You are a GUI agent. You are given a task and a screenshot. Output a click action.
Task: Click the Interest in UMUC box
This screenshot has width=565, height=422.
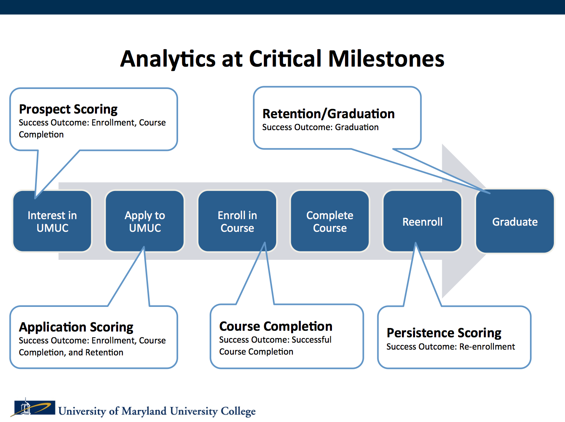coord(52,221)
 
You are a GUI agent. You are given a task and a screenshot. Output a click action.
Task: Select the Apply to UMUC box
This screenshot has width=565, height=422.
coord(145,221)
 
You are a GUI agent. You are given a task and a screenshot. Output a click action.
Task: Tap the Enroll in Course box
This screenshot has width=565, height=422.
coord(237,221)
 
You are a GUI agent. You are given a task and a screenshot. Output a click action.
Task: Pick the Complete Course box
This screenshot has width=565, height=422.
coord(330,221)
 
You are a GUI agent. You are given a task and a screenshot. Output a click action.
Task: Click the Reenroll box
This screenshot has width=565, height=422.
coord(422,222)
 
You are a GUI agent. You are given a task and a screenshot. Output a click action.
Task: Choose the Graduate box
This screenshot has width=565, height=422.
coord(515,222)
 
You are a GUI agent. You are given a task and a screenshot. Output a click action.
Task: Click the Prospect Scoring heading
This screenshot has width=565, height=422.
coord(68,109)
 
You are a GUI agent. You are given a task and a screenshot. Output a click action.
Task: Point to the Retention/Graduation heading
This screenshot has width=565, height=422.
coord(328,114)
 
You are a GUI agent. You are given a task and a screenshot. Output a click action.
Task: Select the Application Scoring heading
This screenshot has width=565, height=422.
coord(76,327)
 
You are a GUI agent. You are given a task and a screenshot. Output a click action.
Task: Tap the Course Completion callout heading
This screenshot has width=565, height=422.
coord(276,327)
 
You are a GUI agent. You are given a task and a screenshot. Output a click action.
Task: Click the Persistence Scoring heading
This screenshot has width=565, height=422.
coord(444,333)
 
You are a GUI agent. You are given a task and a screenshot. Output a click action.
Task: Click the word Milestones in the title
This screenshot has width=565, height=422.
coord(386,59)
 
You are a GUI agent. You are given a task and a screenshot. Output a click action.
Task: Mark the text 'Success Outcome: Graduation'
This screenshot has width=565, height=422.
coord(320,127)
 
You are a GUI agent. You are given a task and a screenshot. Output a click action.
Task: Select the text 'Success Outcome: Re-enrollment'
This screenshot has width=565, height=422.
coord(450,347)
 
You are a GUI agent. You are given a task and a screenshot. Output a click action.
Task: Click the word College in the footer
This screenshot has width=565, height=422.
coord(238,411)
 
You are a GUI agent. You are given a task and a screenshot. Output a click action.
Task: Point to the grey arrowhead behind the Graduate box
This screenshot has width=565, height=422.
coord(462,166)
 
